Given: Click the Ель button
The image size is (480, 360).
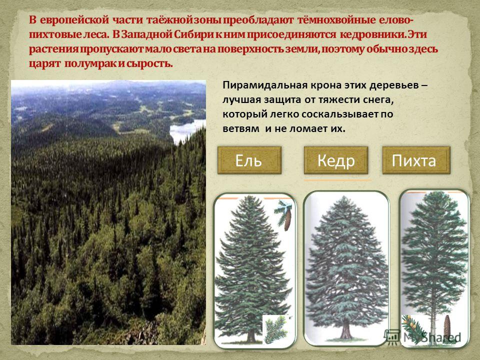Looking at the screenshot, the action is point(249,160).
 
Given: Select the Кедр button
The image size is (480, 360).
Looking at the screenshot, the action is point(336,160).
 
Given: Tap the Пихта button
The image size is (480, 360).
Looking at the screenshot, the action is point(416,160).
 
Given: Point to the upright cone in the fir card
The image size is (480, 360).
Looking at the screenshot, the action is point(447,326).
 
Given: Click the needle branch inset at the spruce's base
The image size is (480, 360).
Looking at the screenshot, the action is point(276,329).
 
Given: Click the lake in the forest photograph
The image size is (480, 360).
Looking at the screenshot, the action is point(186,130).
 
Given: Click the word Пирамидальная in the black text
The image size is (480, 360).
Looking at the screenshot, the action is point(265,85).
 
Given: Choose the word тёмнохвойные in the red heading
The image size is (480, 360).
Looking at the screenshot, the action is point(336,20).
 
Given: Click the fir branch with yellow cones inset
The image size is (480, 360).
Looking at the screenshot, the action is point(414,329).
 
